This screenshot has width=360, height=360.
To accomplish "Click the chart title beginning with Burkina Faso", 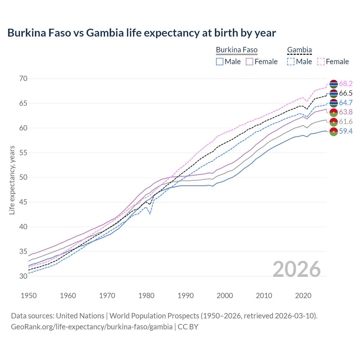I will [x=141, y=33].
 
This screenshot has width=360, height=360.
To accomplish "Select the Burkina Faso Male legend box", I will [x=220, y=62].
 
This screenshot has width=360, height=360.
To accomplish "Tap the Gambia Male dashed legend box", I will [x=291, y=62].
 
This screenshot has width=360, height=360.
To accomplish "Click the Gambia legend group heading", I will [x=299, y=50].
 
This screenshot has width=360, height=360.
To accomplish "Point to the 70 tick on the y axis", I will [x=23, y=78].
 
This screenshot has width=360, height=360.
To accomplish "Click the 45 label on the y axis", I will [x=23, y=202].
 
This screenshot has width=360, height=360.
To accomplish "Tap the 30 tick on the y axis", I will [x=23, y=276].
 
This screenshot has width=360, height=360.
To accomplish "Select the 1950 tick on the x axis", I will [x=29, y=296].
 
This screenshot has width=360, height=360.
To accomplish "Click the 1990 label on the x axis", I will [x=186, y=296].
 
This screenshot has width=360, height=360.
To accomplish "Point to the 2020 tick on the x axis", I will [x=303, y=296].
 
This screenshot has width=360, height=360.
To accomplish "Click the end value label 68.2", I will [x=346, y=84].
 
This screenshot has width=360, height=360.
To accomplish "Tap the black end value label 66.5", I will [x=346, y=93].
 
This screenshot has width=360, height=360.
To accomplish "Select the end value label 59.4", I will [x=346, y=131].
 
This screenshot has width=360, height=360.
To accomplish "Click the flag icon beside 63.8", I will [x=334, y=112].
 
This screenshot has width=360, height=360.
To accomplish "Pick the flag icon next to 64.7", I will [x=334, y=103].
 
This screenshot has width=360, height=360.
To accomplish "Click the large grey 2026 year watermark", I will [x=297, y=269].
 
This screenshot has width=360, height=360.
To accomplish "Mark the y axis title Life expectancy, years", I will [x=12, y=180].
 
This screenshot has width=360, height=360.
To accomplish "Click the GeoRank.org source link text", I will [x=92, y=327].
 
